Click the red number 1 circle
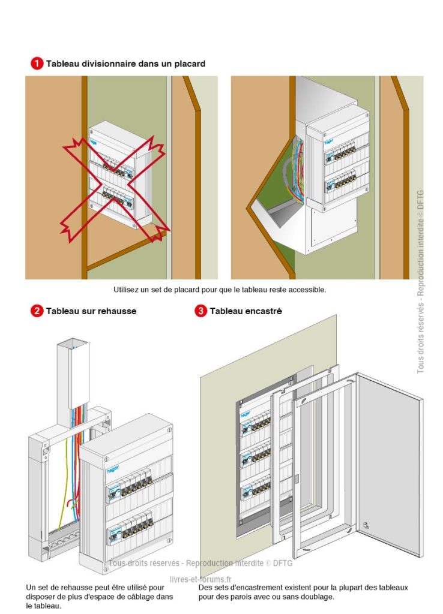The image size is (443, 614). pyautogui.click(x=37, y=63)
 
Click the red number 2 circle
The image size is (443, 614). pyautogui.click(x=37, y=311)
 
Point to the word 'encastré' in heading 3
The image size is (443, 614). pyautogui.click(x=263, y=311)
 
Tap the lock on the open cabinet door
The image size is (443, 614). pyautogui.click(x=366, y=525)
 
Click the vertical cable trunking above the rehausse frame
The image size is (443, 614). pyautogui.click(x=74, y=372)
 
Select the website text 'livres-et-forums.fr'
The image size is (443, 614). pyautogui.click(x=200, y=579)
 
